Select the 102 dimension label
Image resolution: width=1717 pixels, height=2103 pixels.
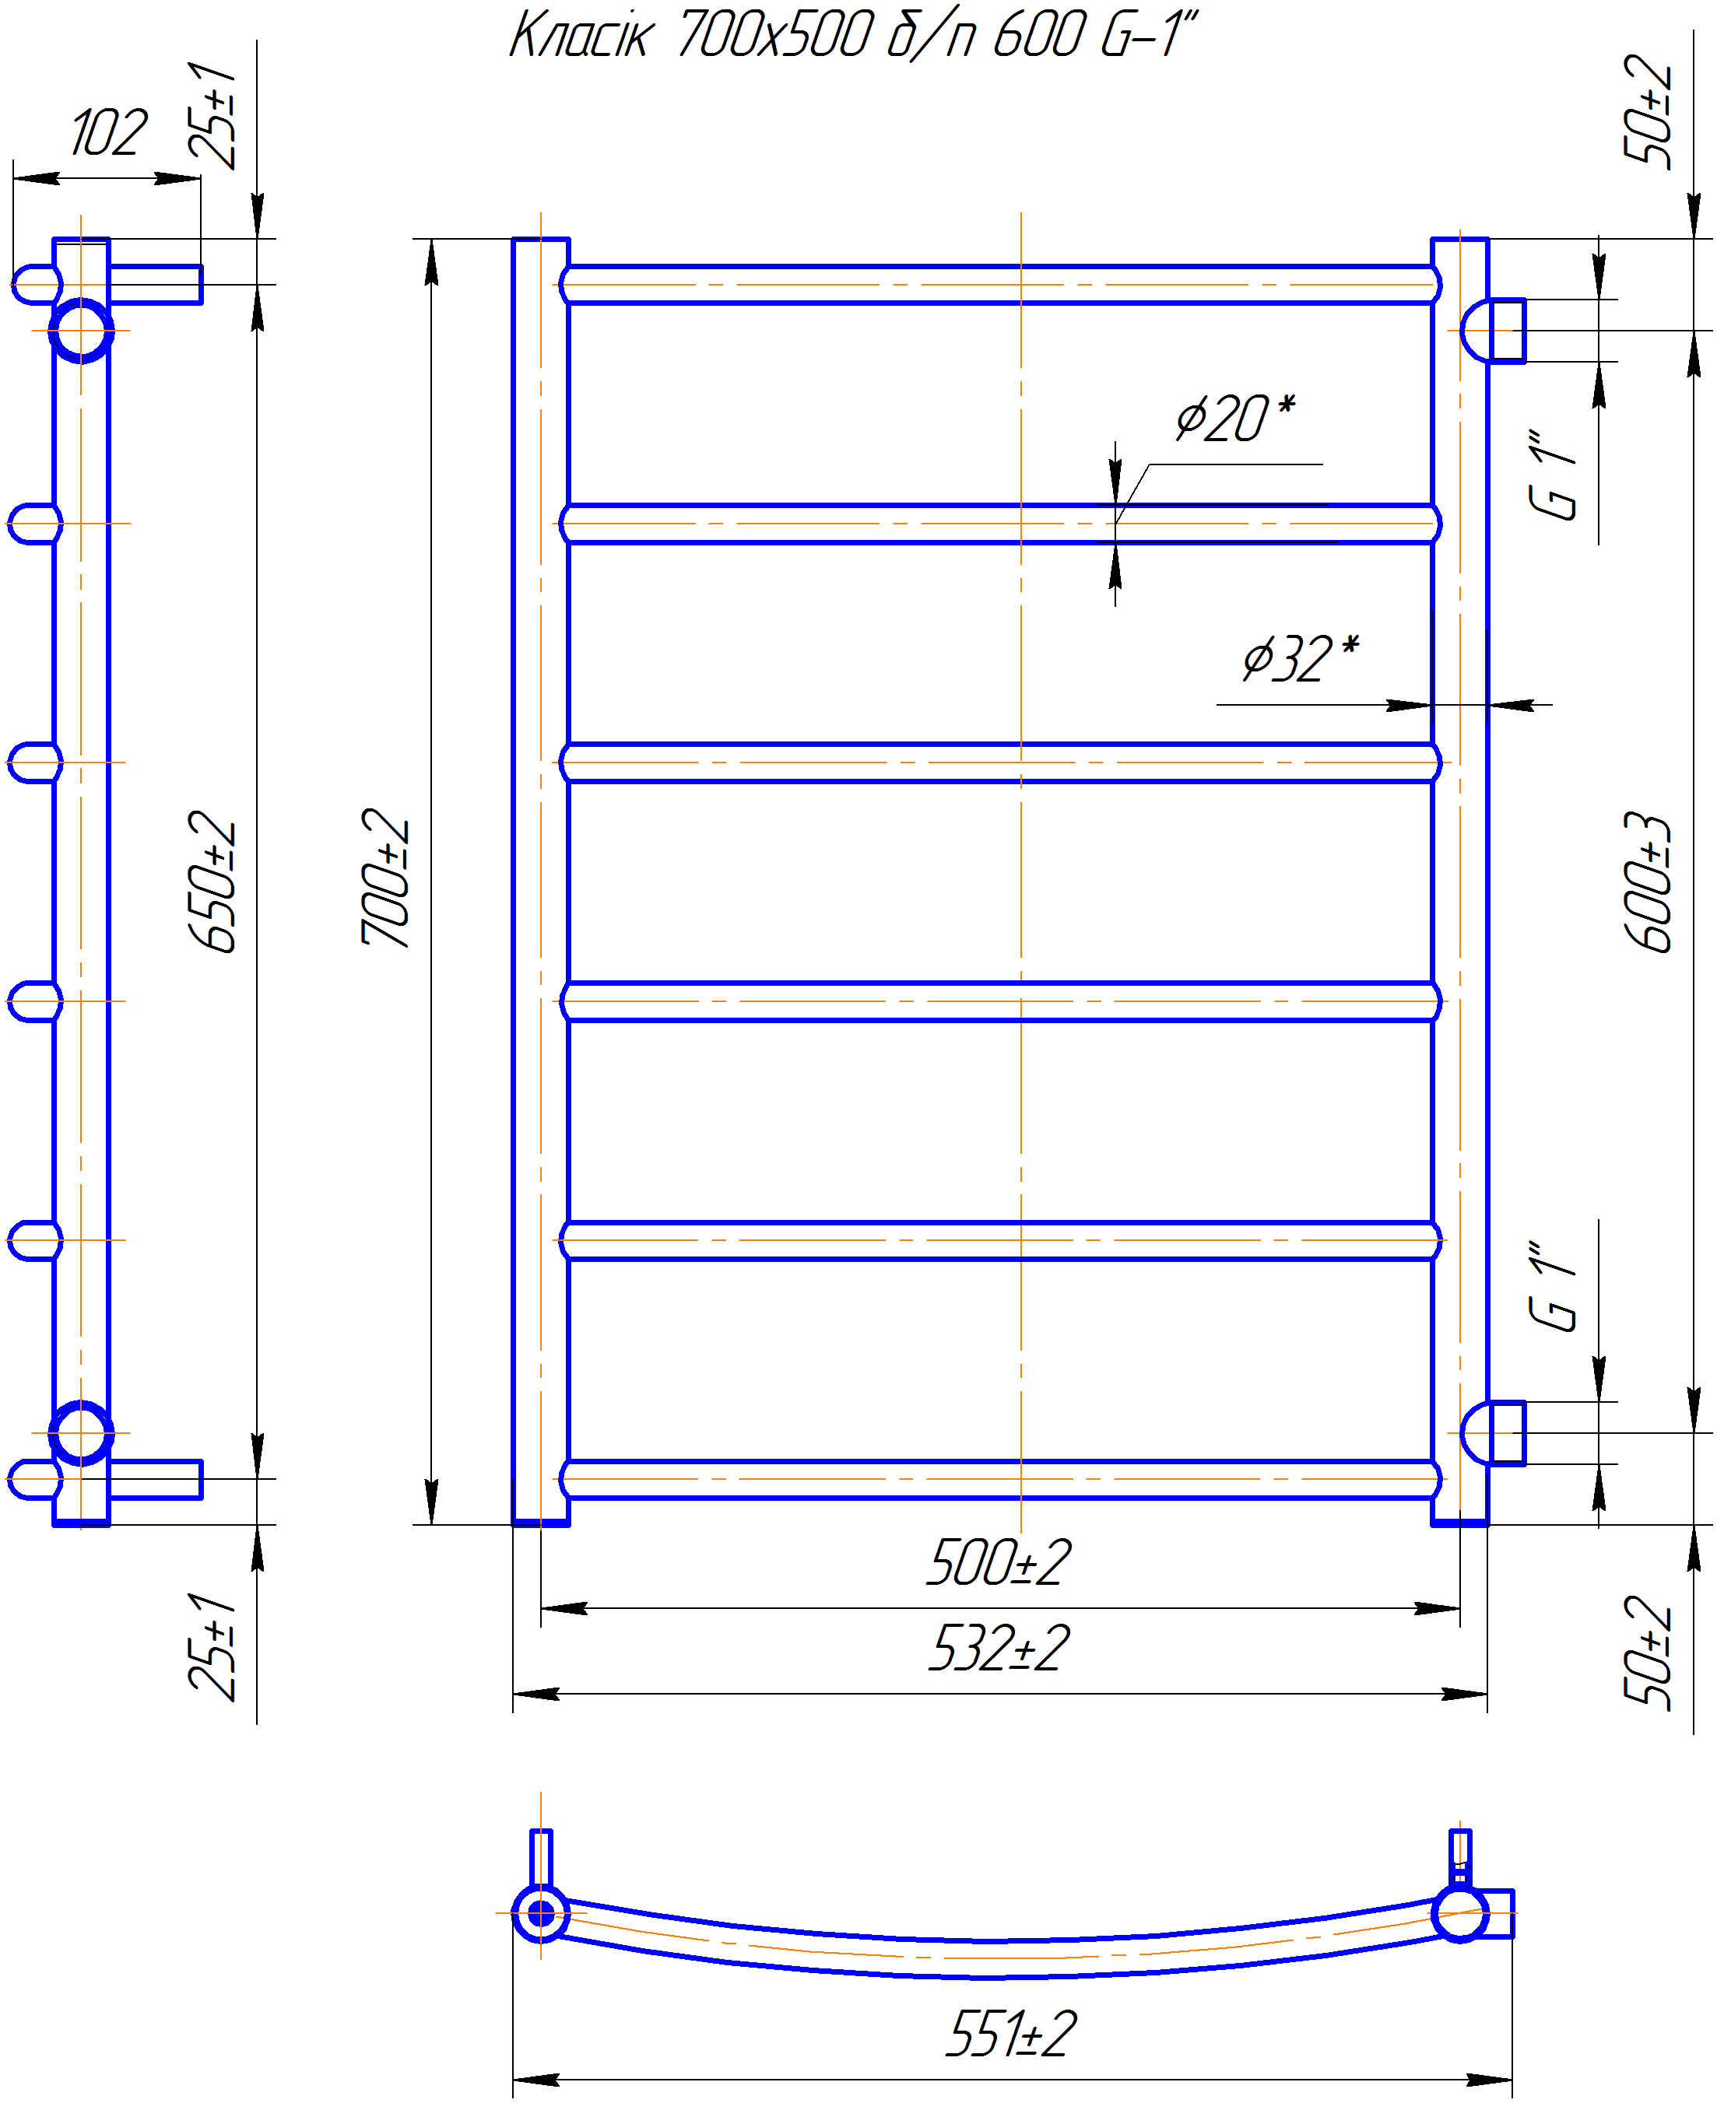click(x=109, y=134)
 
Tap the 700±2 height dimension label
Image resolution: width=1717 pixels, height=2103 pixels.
click(x=386, y=878)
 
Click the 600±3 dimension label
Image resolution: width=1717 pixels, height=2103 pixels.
click(x=1648, y=883)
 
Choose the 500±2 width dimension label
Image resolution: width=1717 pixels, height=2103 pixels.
click(x=999, y=1563)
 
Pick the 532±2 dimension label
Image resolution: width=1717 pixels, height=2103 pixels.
click(x=999, y=1649)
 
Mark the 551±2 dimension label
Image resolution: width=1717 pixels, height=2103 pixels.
click(x=1011, y=2035)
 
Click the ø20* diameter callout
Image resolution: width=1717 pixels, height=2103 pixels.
click(x=1234, y=419)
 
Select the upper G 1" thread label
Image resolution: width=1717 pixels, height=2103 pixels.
click(x=1553, y=475)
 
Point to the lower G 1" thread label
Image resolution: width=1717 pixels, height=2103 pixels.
click(x=1553, y=1286)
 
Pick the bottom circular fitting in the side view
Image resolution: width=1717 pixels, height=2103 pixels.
click(x=81, y=1432)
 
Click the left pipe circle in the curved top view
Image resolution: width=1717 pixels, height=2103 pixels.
click(x=541, y=1914)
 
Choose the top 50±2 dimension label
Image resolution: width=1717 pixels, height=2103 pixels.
click(x=1648, y=109)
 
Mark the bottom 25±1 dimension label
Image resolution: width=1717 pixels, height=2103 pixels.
click(x=212, y=1647)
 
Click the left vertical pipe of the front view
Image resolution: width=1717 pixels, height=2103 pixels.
click(x=541, y=881)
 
